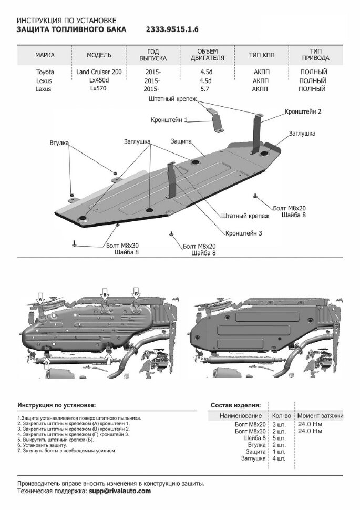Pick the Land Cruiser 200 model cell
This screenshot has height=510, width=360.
click(x=101, y=72)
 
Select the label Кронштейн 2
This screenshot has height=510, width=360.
click(x=303, y=112)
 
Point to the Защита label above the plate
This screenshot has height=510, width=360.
click(x=181, y=141)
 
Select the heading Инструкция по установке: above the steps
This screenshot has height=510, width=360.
click(x=56, y=406)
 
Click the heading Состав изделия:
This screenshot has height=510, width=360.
click(x=235, y=406)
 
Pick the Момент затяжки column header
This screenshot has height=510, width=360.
click(x=321, y=416)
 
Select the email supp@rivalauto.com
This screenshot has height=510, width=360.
click(x=119, y=491)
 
